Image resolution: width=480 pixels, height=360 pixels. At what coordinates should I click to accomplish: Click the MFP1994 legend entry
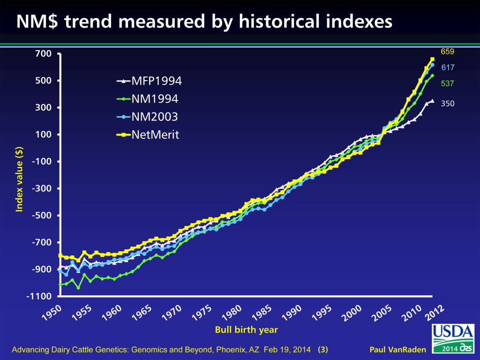pyautogui.click(x=150, y=81)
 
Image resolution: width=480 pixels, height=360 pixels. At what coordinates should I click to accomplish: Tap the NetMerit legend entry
pyautogui.click(x=148, y=135)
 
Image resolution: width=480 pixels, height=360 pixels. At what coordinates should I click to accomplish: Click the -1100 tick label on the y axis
pyautogui.click(x=39, y=296)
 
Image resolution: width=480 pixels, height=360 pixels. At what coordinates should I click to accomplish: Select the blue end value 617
pyautogui.click(x=447, y=67)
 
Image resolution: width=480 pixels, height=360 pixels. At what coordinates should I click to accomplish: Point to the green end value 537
pyautogui.click(x=447, y=83)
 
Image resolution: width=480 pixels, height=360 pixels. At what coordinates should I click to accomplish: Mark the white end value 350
pyautogui.click(x=447, y=104)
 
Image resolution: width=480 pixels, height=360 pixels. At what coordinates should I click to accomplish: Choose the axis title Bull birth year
pyautogui.click(x=246, y=330)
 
